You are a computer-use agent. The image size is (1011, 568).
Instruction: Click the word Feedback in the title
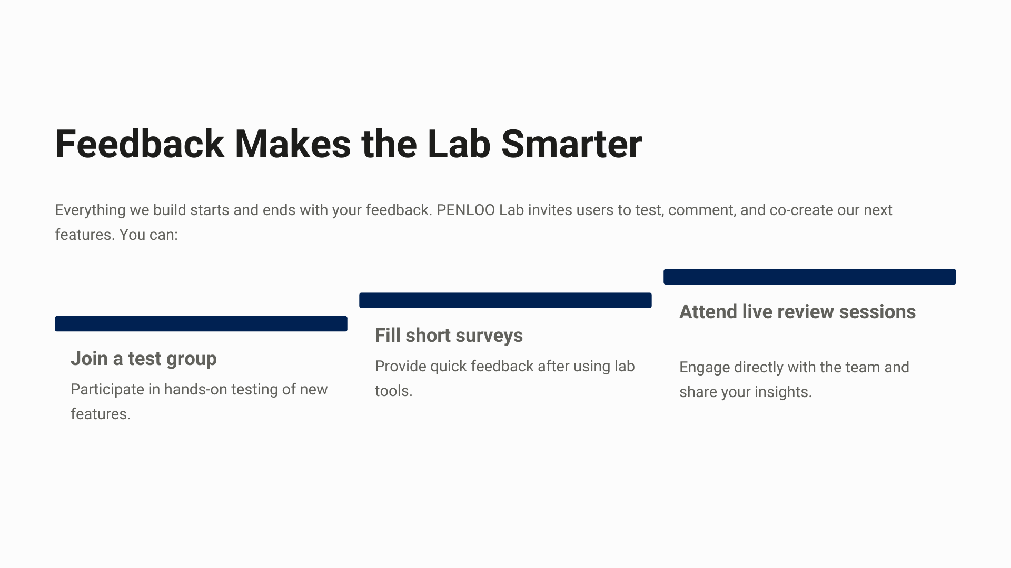pos(140,144)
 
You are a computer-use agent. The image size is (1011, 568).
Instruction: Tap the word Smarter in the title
pos(571,144)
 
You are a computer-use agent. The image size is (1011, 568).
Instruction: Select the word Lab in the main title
pos(459,144)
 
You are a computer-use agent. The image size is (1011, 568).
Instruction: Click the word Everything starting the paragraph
pos(90,210)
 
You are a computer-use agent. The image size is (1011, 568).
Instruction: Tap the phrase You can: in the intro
pos(148,235)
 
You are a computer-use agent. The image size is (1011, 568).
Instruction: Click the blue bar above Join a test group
pos(201,324)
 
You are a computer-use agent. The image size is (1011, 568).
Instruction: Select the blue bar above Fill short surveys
pos(506,300)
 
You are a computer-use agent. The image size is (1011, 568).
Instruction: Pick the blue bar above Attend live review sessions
pos(810,277)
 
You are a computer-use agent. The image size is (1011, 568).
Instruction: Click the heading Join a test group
pos(144,359)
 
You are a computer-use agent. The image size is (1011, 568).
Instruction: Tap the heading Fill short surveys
pos(449,336)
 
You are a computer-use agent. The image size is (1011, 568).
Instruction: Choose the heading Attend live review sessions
pos(797,312)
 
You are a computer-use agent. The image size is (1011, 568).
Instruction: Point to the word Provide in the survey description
pos(401,366)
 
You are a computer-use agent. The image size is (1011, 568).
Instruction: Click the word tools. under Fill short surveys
pos(393,391)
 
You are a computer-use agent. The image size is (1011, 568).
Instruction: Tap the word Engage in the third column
pos(705,368)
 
